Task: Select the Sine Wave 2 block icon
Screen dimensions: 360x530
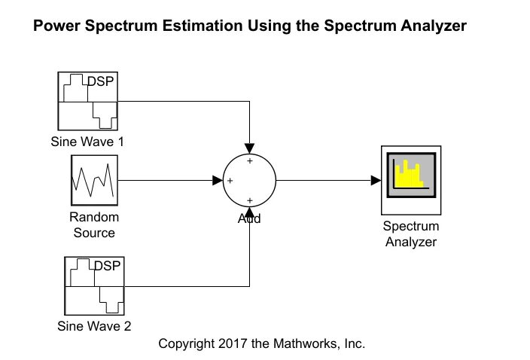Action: (x=94, y=286)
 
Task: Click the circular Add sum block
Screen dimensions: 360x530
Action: (x=249, y=181)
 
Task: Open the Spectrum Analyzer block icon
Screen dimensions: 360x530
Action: (x=410, y=181)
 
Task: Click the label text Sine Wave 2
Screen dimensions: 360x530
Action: (x=94, y=326)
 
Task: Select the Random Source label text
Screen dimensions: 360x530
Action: (x=94, y=225)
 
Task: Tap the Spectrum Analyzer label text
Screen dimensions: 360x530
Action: (x=411, y=234)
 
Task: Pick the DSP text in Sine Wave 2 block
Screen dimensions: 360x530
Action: (x=108, y=266)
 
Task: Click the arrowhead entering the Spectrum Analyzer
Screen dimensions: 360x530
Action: (x=375, y=181)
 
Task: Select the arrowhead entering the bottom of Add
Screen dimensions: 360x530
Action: (x=249, y=216)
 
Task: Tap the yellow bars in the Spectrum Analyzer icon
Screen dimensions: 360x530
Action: (x=410, y=175)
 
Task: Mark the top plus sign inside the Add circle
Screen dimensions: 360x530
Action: (x=249, y=160)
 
